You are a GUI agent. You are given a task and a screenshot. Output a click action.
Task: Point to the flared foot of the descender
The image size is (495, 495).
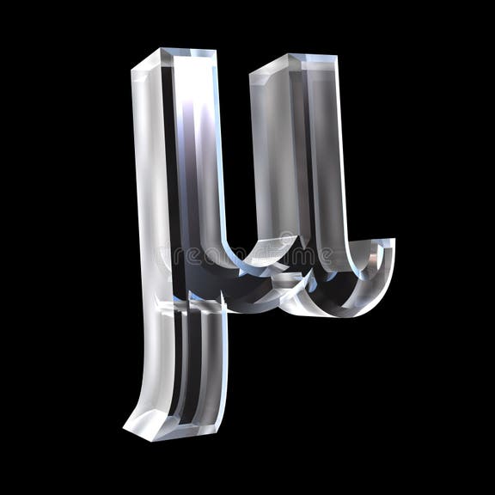click(x=159, y=421)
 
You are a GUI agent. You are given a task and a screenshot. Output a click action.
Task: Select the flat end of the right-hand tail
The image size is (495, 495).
click(x=389, y=245)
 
